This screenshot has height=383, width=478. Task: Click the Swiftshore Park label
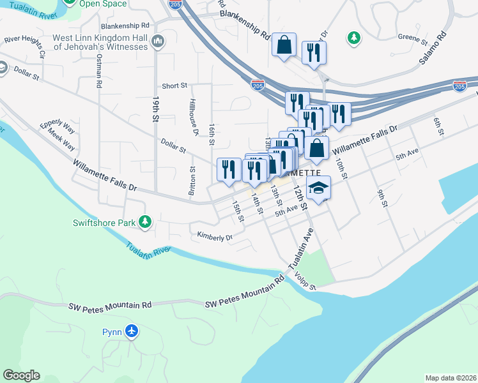(104, 223)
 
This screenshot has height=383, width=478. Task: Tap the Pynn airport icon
(132, 331)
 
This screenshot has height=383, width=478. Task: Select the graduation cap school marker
(319, 188)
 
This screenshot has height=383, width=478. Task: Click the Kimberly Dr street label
(215, 237)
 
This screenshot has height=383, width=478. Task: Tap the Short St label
(174, 86)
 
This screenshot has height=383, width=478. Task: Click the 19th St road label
(155, 109)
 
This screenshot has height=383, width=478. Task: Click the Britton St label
(192, 181)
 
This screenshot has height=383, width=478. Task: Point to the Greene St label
(412, 38)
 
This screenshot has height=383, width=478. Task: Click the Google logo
(21, 375)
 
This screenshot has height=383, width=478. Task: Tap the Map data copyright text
(451, 378)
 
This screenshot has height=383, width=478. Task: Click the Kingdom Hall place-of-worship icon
(158, 42)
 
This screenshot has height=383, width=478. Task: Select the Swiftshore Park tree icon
(146, 221)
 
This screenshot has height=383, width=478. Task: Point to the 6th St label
(438, 126)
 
